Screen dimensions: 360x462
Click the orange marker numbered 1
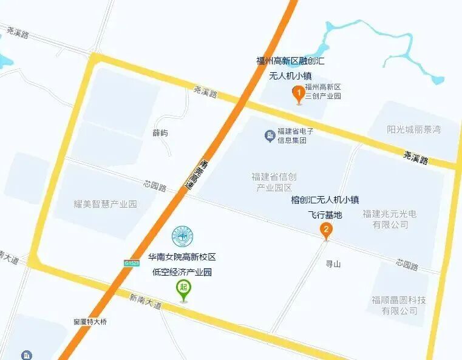298,93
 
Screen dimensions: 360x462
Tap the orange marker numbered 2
326,229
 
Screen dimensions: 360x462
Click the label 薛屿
160,133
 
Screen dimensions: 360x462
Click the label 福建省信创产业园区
274,182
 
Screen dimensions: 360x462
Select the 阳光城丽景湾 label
413,129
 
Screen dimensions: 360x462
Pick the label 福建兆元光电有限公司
390,219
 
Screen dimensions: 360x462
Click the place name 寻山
333,264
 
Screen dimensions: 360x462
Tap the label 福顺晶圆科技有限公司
399,305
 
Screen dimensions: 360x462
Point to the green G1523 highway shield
132,263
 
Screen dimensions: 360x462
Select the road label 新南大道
145,302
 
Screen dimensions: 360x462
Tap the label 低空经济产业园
182,272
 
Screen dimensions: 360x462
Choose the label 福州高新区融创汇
290,61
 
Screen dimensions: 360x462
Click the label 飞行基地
325,214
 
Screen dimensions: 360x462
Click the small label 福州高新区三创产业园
324,92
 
